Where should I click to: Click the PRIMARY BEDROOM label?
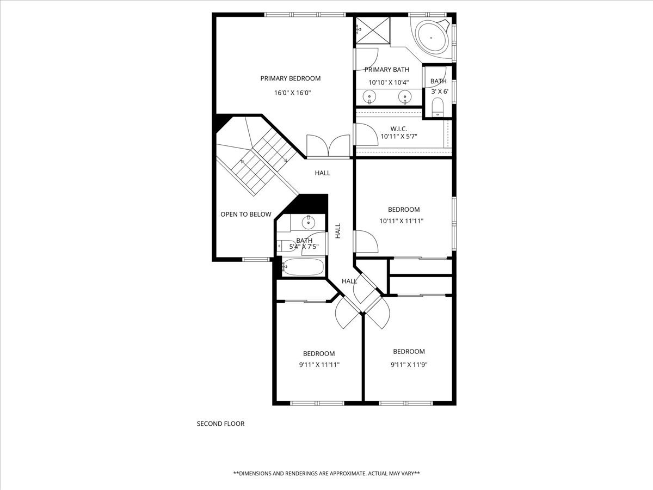pyautogui.click(x=291, y=78)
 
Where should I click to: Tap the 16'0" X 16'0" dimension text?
pyautogui.click(x=292, y=93)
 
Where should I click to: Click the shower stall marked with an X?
pyautogui.click(x=373, y=30)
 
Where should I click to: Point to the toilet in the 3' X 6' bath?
pyautogui.click(x=438, y=108)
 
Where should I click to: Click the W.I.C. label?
pyautogui.click(x=399, y=129)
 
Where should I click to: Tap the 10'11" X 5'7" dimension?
pyautogui.click(x=399, y=137)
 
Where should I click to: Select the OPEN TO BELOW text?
pyautogui.click(x=246, y=214)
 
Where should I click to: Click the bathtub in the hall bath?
pyautogui.click(x=303, y=267)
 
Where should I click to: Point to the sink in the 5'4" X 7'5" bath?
pyautogui.click(x=308, y=222)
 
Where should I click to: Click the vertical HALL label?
pyautogui.click(x=338, y=231)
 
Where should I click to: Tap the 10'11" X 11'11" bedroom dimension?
pyautogui.click(x=401, y=221)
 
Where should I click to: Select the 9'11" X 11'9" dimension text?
pyautogui.click(x=409, y=365)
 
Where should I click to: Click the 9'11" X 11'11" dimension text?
pyautogui.click(x=319, y=365)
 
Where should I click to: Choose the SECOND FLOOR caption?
pyautogui.click(x=220, y=424)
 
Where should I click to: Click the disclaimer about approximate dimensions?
pyautogui.click(x=326, y=473)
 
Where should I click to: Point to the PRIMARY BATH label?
pyautogui.click(x=387, y=70)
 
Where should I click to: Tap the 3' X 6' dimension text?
pyautogui.click(x=440, y=91)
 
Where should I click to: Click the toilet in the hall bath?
pyautogui.click(x=286, y=246)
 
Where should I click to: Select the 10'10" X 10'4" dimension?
pyautogui.click(x=389, y=83)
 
